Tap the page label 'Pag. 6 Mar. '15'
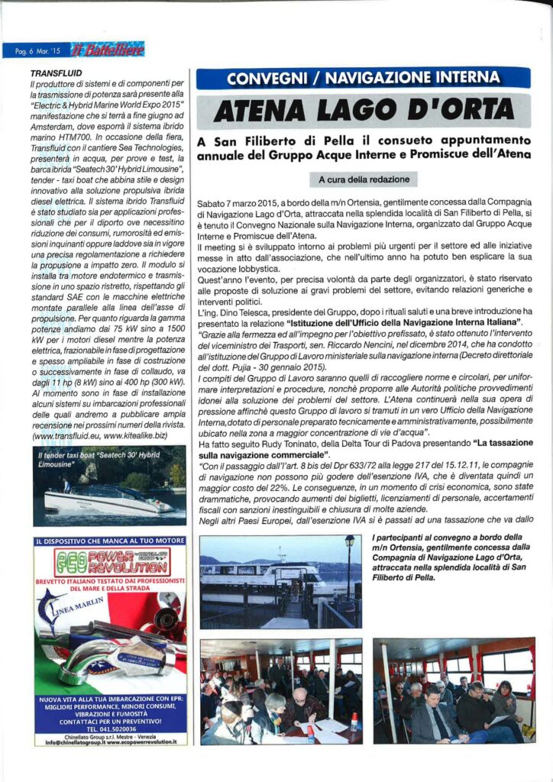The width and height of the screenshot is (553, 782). pos(37,52)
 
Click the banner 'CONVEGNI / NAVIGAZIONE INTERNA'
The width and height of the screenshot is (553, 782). pos(363,78)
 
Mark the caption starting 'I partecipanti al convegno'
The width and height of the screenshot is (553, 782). pos(452,557)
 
